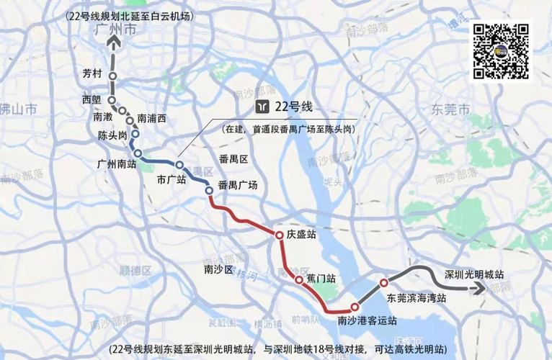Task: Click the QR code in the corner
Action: click(x=502, y=50)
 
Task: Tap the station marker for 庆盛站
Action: click(x=278, y=235)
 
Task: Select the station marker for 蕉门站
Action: click(x=298, y=279)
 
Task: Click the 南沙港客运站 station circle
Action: click(x=355, y=306)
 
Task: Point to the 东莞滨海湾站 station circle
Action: click(x=384, y=282)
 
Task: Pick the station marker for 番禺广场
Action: click(x=209, y=190)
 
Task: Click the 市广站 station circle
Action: click(x=179, y=165)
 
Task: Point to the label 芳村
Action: click(x=92, y=73)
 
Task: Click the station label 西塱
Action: click(x=92, y=99)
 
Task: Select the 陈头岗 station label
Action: click(x=112, y=135)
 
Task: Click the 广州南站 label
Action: click(x=116, y=163)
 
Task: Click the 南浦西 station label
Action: click(x=151, y=117)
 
